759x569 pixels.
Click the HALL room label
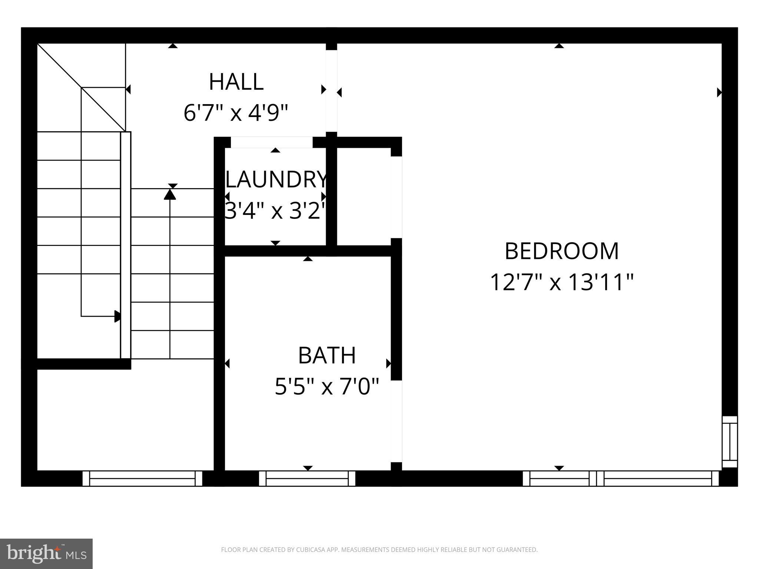(x=236, y=82)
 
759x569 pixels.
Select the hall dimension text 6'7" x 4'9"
(x=236, y=113)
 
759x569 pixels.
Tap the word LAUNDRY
(x=276, y=180)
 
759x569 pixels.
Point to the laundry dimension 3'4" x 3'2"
(x=275, y=211)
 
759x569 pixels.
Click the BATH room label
(x=327, y=355)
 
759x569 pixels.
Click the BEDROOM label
(x=561, y=251)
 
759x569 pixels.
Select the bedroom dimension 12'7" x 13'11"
(x=561, y=282)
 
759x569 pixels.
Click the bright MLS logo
(x=46, y=553)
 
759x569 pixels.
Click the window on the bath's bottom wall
(x=307, y=478)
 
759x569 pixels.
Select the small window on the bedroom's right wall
(x=730, y=442)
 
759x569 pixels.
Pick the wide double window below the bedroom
(x=620, y=478)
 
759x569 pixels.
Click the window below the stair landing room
(x=142, y=478)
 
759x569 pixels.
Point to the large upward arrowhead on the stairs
(x=170, y=194)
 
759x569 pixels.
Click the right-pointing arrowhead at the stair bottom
(x=117, y=316)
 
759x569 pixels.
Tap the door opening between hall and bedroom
(x=331, y=91)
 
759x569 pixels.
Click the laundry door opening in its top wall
(x=272, y=142)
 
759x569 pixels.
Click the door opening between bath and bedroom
(x=397, y=421)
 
